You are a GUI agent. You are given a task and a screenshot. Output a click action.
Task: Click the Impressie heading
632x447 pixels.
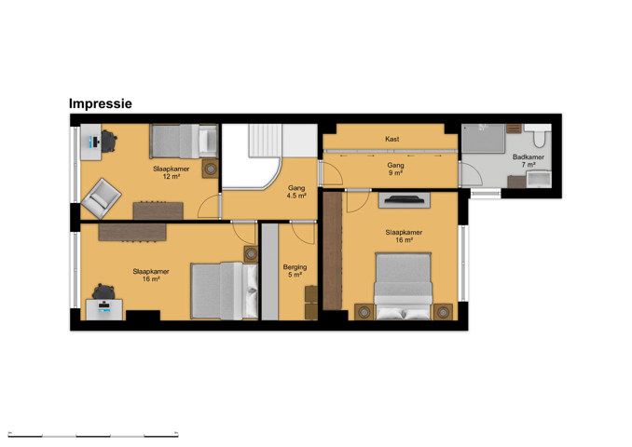coord(101,104)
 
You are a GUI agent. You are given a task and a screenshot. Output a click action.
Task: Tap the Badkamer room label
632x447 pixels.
coord(528,161)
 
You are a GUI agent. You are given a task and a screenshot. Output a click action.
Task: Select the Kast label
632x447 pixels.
coord(392,139)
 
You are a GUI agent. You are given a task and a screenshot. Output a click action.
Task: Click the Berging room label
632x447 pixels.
coord(295,271)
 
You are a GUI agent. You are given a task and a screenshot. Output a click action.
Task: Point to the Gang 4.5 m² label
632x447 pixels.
coord(296,192)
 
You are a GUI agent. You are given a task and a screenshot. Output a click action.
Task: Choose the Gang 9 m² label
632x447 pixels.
coord(395,169)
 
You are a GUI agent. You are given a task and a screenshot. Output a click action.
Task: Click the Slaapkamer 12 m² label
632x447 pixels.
coord(171,172)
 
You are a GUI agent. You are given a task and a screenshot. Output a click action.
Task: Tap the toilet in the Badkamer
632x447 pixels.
coord(539,136)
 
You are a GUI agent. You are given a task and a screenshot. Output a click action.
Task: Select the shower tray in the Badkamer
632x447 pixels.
coord(483,138)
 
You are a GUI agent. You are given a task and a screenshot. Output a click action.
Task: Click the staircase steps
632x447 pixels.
coord(265,140)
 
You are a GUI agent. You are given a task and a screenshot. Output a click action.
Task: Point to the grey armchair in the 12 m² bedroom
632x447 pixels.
coord(101,198)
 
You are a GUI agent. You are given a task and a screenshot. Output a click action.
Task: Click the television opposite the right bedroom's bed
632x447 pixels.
coord(404,199)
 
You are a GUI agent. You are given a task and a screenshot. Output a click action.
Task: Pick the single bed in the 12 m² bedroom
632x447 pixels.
coord(184,141)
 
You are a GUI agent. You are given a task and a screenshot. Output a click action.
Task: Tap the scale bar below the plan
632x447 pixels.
coord(93,435)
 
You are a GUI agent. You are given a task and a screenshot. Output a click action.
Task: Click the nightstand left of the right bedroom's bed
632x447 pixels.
coord(364,312)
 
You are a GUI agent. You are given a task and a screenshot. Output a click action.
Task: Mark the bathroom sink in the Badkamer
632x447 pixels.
coord(539,179)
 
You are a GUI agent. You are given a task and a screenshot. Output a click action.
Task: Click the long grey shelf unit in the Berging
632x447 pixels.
coord(270,272)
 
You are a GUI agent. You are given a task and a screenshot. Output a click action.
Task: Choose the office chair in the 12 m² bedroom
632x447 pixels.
coord(108,141)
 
